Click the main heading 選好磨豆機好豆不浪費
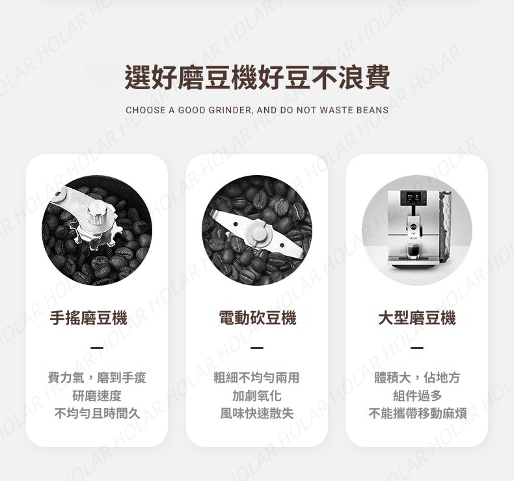[x=257, y=77]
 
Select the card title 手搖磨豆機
[x=88, y=318]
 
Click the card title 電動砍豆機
[x=258, y=318]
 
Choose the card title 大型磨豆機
[x=417, y=318]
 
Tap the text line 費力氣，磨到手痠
[x=97, y=378]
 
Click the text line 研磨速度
[x=97, y=396]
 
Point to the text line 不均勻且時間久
[x=97, y=414]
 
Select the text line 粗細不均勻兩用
[x=256, y=378]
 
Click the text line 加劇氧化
[x=256, y=396]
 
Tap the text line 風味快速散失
[x=256, y=414]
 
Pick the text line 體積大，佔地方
[x=417, y=378]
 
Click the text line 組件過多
[x=417, y=396]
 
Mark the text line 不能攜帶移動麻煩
[x=417, y=414]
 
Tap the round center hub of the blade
[x=258, y=232]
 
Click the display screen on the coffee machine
[x=413, y=197]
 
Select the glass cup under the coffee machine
[x=413, y=251]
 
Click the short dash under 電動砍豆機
[x=257, y=348]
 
